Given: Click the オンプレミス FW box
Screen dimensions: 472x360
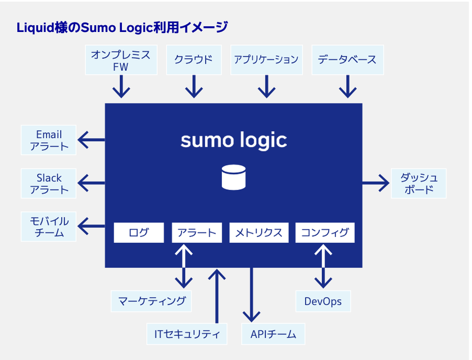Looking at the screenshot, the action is (x=121, y=60).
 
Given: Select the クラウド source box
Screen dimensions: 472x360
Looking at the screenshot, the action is (x=194, y=60).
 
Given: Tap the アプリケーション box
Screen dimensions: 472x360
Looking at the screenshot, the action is (x=266, y=60).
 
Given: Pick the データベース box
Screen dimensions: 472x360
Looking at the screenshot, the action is (x=348, y=60).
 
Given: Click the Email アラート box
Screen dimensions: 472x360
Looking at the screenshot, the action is (x=48, y=140).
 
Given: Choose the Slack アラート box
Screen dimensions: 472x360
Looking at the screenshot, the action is (x=48, y=184).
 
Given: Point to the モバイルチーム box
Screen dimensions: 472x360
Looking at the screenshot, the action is (x=48, y=226).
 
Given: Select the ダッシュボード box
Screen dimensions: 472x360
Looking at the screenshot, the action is (x=419, y=184).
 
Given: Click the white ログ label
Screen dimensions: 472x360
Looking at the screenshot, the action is (x=139, y=233).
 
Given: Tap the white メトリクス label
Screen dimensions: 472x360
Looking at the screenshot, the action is (x=259, y=233).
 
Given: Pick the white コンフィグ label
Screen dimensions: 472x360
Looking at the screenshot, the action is (x=325, y=233).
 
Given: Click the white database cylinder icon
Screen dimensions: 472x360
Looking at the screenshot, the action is (x=234, y=177).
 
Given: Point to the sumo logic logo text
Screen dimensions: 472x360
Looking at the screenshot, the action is (x=234, y=140).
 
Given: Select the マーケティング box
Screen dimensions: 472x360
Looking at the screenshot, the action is (x=151, y=301).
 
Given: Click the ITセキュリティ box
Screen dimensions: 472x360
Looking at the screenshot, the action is (x=187, y=334).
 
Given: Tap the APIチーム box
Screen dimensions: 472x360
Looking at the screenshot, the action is (x=273, y=334).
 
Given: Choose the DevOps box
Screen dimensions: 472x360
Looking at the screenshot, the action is (x=323, y=301).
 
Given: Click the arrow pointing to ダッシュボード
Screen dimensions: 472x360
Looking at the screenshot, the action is (x=376, y=183).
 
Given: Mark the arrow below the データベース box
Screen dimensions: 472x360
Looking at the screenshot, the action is (x=348, y=86).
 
